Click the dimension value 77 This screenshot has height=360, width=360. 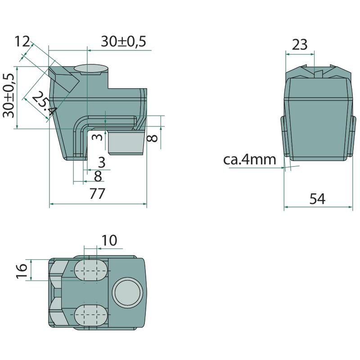(97, 193)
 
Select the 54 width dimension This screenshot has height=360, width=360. (317, 199)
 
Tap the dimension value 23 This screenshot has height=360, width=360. (300, 45)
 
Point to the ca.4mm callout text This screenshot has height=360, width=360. (250, 160)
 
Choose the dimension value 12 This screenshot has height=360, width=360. (22, 41)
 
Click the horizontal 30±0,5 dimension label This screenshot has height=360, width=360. (123, 41)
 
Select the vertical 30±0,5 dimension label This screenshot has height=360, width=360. (9, 95)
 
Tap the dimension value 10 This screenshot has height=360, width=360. (109, 240)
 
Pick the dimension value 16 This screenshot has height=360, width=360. (22, 271)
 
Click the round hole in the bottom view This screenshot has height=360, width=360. (127, 293)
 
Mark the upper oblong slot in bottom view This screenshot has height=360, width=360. (91, 270)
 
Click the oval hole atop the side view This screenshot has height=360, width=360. (91, 70)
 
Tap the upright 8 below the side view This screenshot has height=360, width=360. (98, 176)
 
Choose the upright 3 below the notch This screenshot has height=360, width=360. (102, 162)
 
